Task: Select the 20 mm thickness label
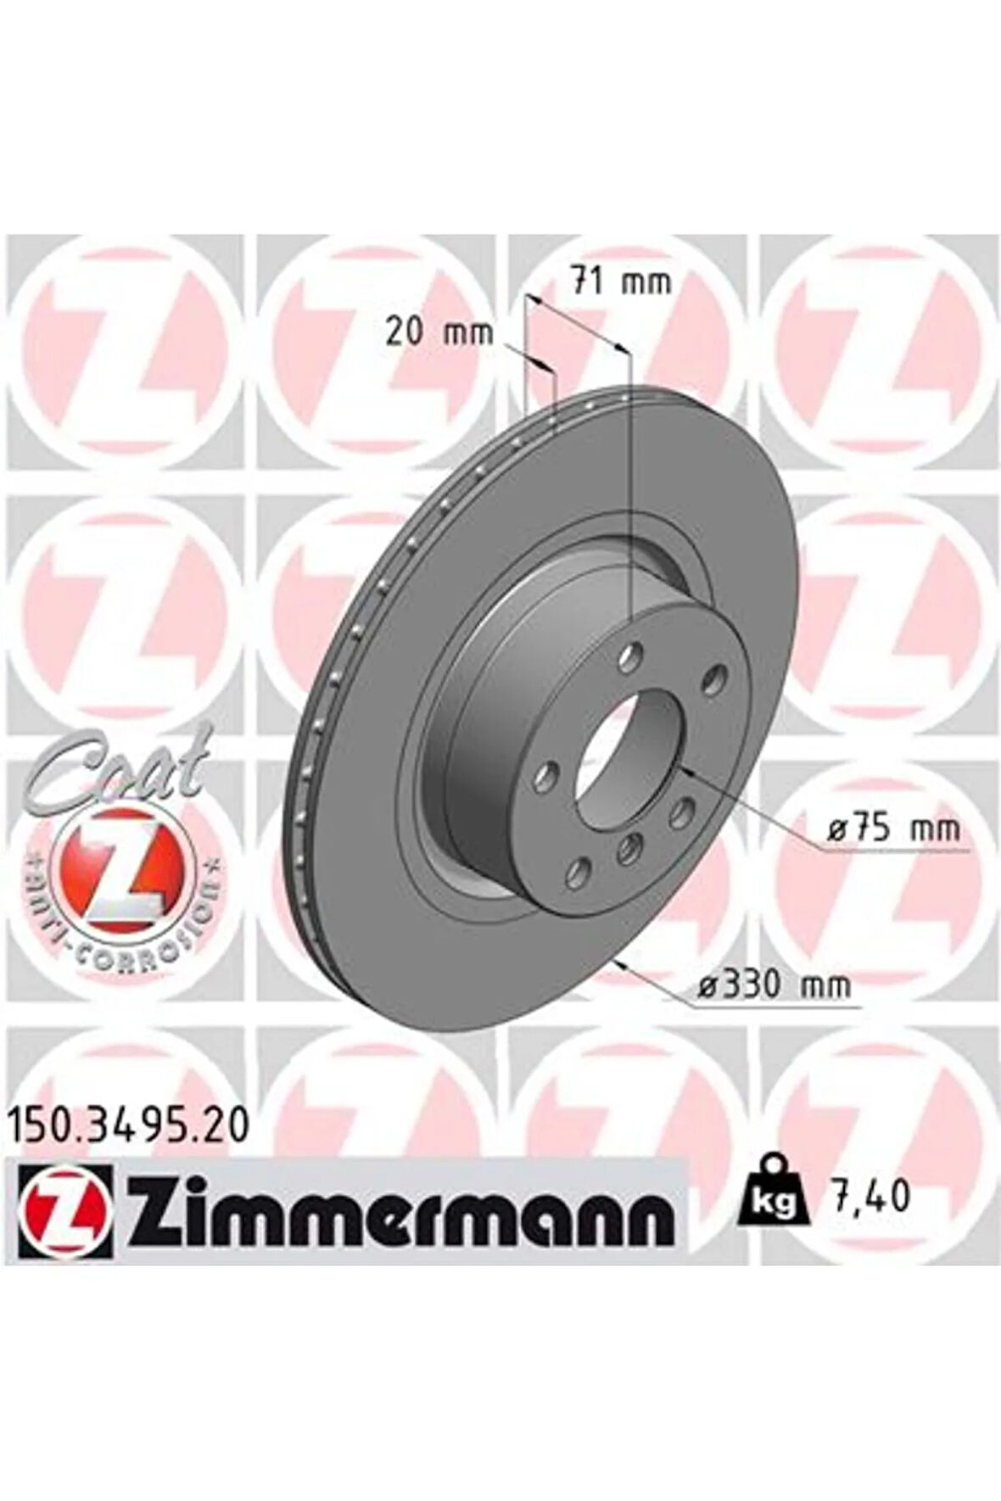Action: (439, 332)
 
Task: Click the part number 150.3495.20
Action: (130, 1126)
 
